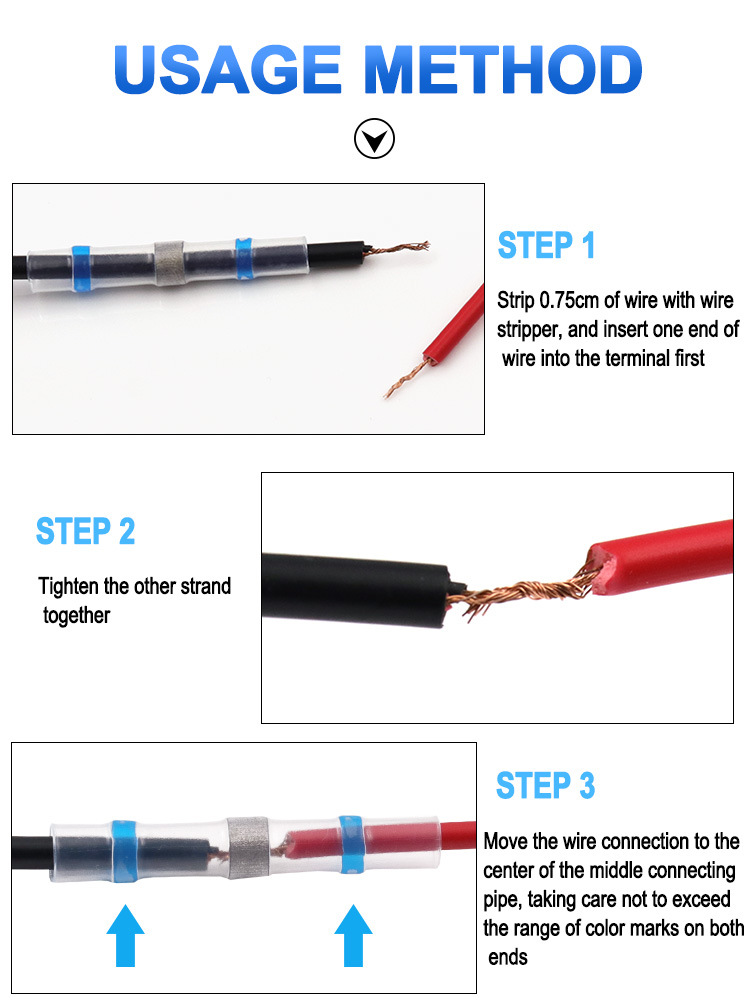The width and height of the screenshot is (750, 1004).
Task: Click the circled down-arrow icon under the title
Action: [x=375, y=140]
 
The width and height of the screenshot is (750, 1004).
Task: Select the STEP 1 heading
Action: [x=546, y=245]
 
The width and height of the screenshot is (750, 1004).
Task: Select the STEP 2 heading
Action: [x=85, y=531]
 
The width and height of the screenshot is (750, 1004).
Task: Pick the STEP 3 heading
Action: [x=545, y=786]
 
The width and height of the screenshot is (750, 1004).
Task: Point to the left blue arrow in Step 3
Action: [x=125, y=934]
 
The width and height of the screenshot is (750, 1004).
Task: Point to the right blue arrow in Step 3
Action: [x=353, y=934]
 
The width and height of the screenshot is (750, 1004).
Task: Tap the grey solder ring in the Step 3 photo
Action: [x=242, y=845]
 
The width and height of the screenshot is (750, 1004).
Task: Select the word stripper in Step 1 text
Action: [x=531, y=329]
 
